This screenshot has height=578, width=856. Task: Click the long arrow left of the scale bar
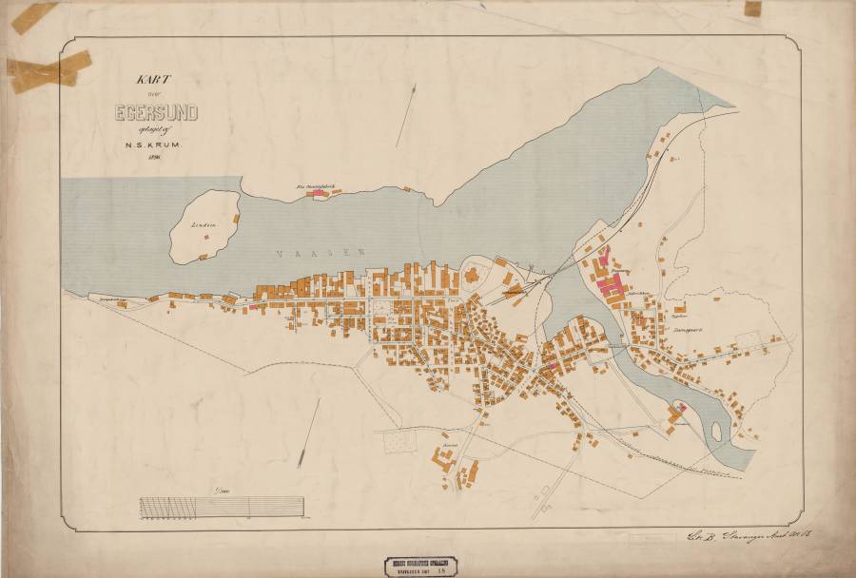pos(309,433)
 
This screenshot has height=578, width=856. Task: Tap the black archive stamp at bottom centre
pos(428,563)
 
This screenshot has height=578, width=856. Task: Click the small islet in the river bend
pos(716,433)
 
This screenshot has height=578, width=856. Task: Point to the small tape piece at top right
pos(752,9)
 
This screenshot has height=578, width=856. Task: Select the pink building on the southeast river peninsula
pos(677,409)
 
